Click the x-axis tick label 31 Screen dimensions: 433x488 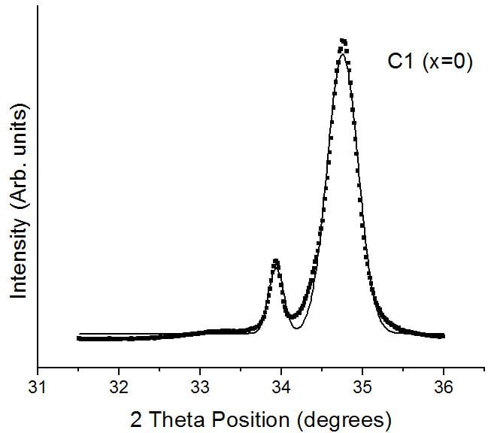[x=38, y=388]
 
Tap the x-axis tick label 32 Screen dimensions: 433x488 [x=119, y=388]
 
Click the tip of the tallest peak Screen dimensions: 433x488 [x=344, y=41]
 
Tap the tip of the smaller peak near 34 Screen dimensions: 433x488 [x=276, y=261]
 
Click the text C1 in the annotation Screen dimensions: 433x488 [x=399, y=63]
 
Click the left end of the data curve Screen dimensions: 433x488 [x=79, y=338]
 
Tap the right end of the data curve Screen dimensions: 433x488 [x=443, y=336]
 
